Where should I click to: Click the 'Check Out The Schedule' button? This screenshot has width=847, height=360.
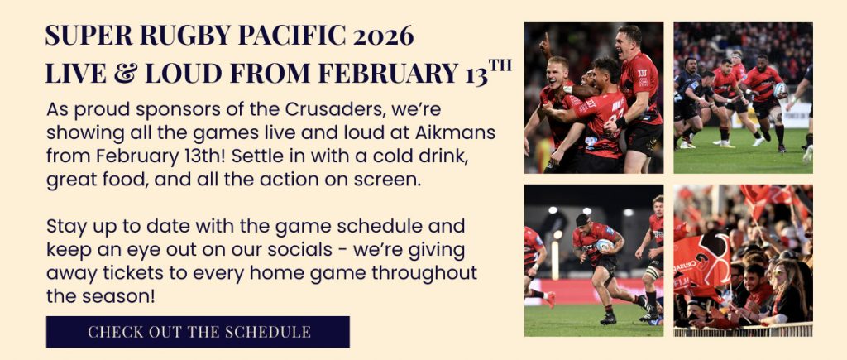pos(198,332)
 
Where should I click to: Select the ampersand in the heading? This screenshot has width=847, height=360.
pos(126,74)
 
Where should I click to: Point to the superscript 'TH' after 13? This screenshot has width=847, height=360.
pos(500,66)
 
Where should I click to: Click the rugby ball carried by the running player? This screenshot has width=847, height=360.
pos(605,246)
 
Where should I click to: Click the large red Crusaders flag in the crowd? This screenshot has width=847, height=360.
pos(701,264)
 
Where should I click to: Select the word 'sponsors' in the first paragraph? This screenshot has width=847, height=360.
pos(175,110)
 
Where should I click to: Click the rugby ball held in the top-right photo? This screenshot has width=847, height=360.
pos(779,89)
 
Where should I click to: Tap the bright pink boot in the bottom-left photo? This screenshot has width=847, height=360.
pos(549,299)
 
